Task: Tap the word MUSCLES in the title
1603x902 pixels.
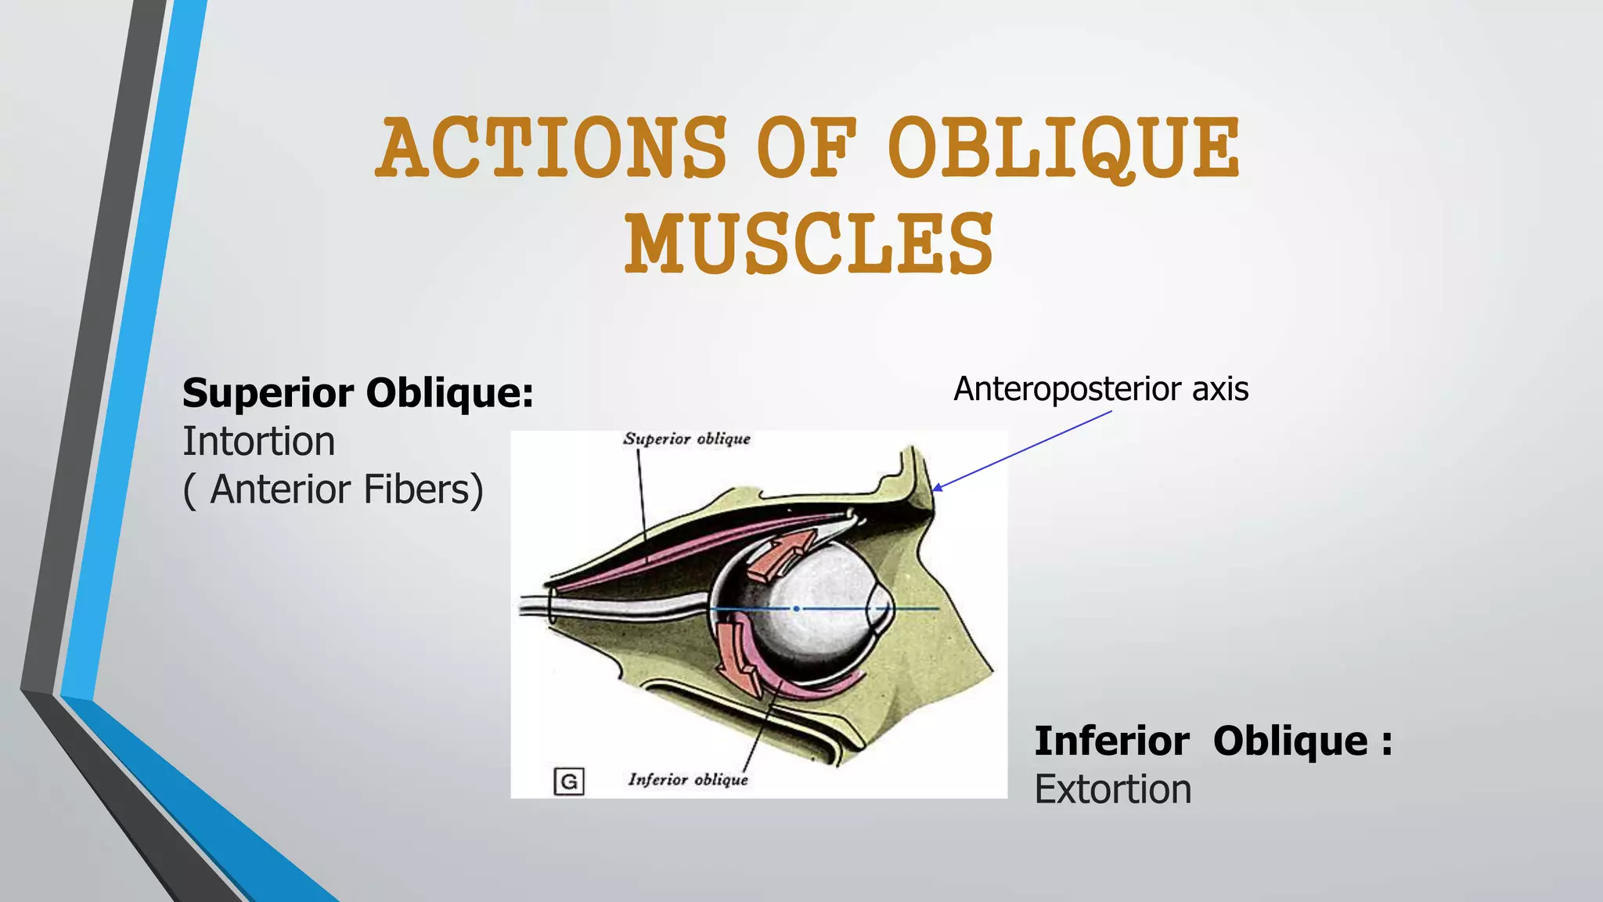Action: pyautogui.click(x=809, y=244)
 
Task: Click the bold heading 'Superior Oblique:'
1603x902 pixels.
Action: pyautogui.click(x=358, y=392)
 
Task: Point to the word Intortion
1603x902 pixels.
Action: pyautogui.click(x=259, y=442)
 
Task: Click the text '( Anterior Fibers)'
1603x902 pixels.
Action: pyautogui.click(x=333, y=490)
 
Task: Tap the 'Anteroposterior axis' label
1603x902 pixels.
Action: pyautogui.click(x=1100, y=389)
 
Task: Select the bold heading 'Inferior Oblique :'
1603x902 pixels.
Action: pyautogui.click(x=1213, y=741)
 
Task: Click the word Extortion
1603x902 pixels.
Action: pyautogui.click(x=1112, y=789)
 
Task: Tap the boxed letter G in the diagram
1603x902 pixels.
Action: pyautogui.click(x=569, y=781)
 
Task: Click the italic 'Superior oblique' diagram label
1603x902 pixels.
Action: pyautogui.click(x=686, y=439)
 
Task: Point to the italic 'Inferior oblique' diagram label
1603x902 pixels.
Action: pyautogui.click(x=688, y=780)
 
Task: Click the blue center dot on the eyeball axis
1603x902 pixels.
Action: pyautogui.click(x=796, y=608)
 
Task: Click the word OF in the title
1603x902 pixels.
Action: pyautogui.click(x=806, y=149)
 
